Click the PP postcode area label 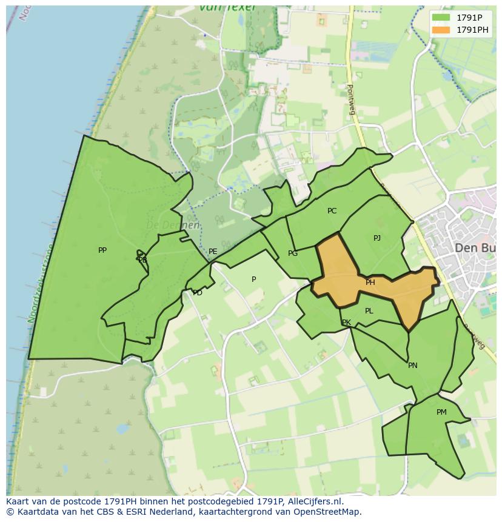click(102, 250)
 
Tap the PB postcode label click(142, 260)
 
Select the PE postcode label click(213, 252)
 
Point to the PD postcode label click(198, 293)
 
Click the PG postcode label click(293, 253)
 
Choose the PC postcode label click(332, 211)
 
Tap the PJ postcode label click(377, 238)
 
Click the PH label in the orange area click(370, 283)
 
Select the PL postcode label click(369, 311)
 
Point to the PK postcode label click(346, 323)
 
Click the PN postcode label click(413, 366)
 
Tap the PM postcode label click(441, 412)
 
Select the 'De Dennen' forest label click(173, 226)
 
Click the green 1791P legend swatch click(441, 18)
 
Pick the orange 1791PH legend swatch click(441, 30)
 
